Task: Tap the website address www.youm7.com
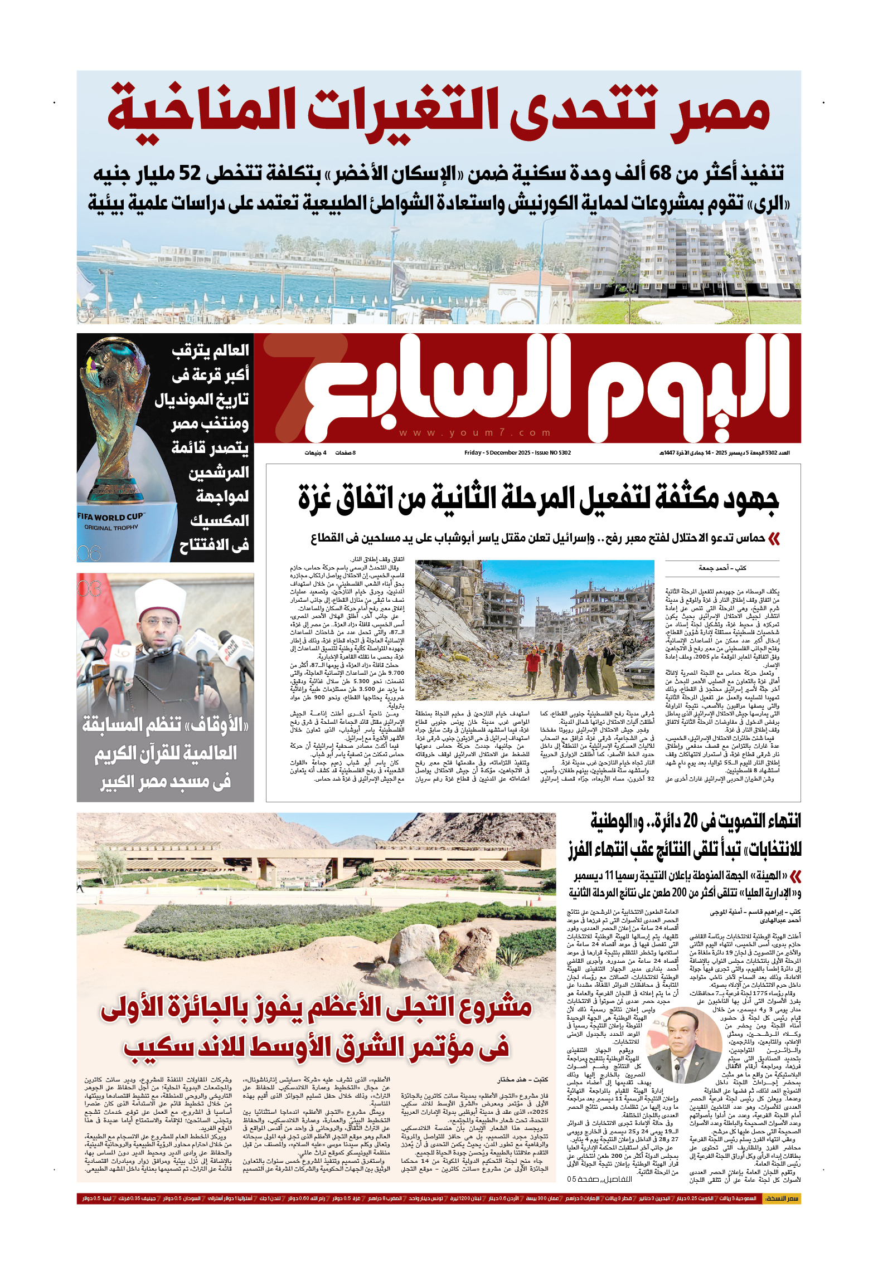[x=475, y=433]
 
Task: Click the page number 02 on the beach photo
[x=89, y=315]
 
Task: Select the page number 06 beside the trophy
[x=89, y=553]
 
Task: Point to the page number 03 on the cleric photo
[x=90, y=588]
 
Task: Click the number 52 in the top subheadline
[x=190, y=173]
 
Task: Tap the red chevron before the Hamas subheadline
[x=773, y=538]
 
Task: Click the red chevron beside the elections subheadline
[x=795, y=876]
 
